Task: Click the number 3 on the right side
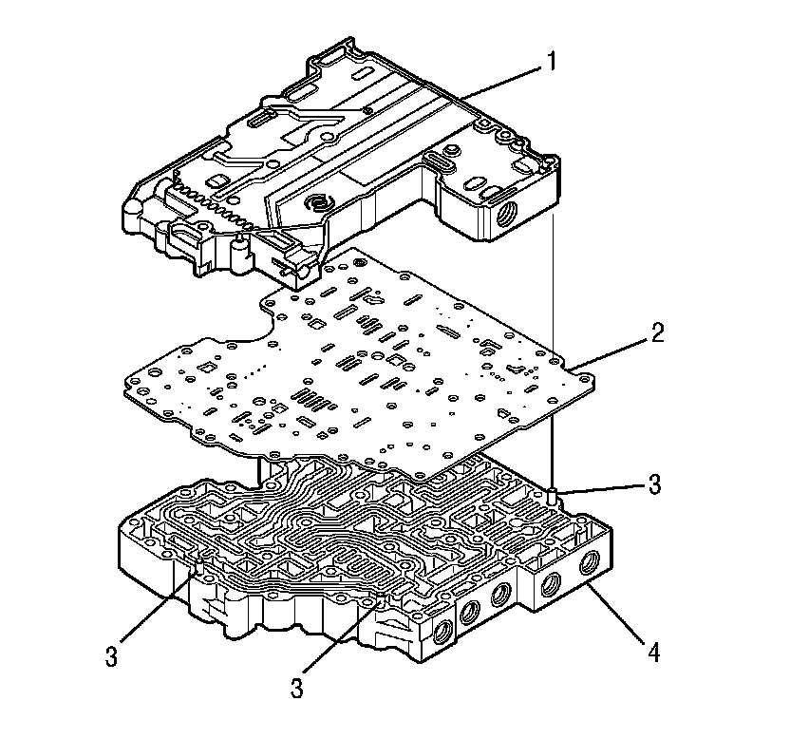coord(652,484)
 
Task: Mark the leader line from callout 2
coord(612,351)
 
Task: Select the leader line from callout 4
coord(617,616)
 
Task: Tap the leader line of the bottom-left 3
coord(157,612)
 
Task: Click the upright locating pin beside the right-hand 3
coord(552,494)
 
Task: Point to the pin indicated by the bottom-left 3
coord(200,569)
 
